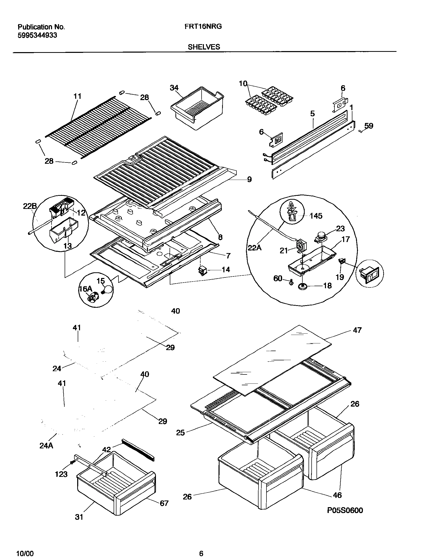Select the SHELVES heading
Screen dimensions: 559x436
(204, 47)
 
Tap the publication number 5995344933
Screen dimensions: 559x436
(37, 35)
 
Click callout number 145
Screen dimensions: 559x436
(316, 216)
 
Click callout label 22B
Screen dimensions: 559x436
(30, 206)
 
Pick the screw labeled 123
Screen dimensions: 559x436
(72, 462)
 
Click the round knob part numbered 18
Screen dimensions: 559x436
(303, 286)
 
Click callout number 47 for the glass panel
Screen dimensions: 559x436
(357, 330)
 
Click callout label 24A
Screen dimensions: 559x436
(46, 446)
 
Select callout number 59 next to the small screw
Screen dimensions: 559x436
(369, 126)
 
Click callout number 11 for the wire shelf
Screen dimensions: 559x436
(77, 96)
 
